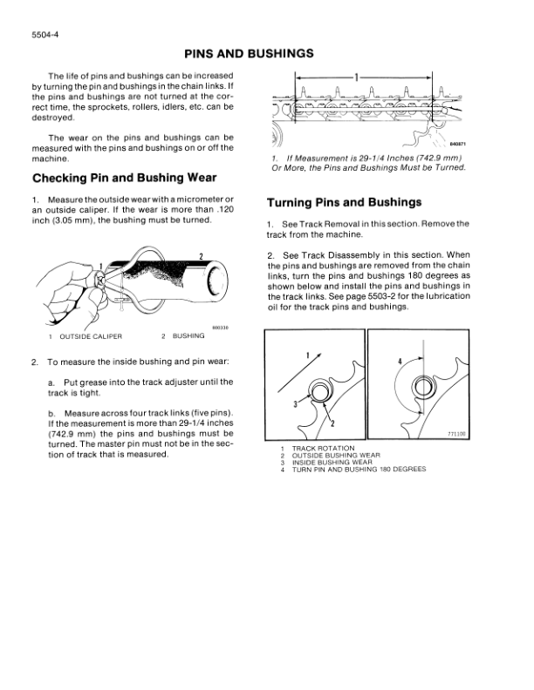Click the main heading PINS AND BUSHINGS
tap(267, 53)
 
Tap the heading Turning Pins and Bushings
tap(344, 202)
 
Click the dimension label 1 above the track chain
tap(355, 77)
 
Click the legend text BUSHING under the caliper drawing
tap(188, 335)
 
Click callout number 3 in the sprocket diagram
tap(296, 402)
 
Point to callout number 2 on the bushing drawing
tap(201, 254)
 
